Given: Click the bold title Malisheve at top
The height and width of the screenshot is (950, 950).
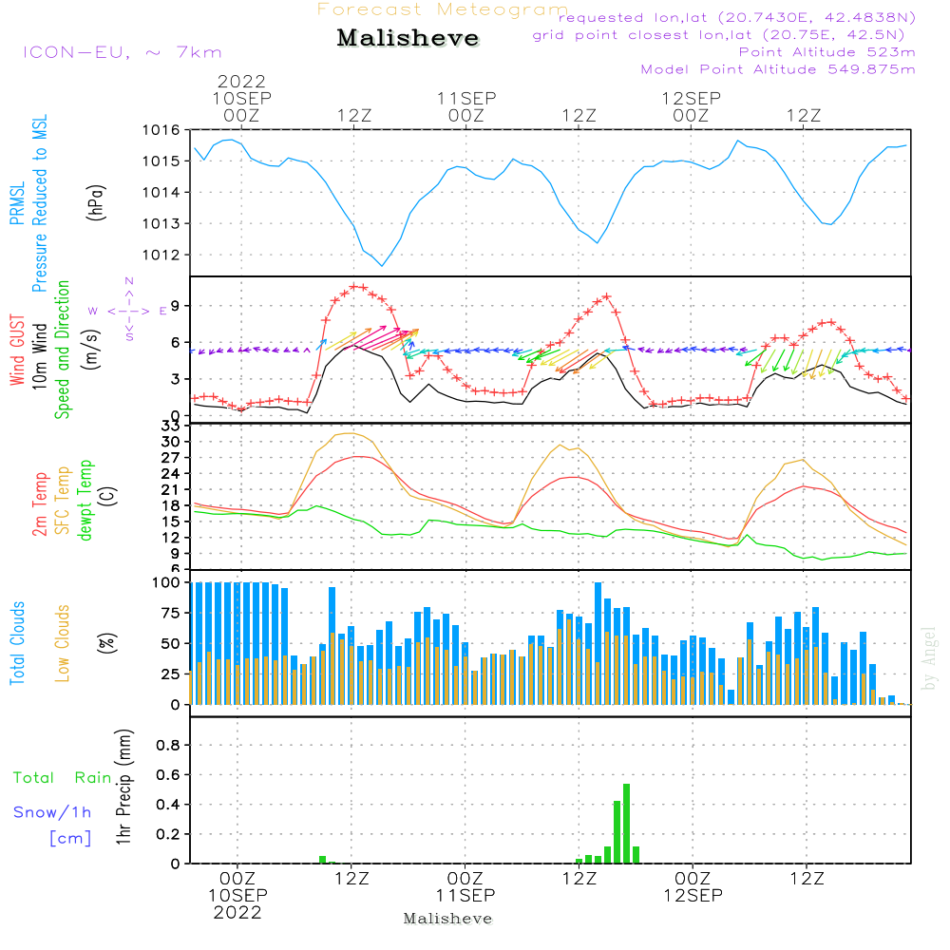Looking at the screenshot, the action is point(408,38).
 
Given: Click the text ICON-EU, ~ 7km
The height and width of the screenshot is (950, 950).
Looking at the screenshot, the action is point(123,52).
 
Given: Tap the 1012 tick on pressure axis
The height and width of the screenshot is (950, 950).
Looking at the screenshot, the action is point(161,255).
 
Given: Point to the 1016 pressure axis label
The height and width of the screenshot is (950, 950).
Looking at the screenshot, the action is point(161,129).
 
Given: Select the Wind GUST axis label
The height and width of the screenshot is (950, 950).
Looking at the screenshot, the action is point(17,350).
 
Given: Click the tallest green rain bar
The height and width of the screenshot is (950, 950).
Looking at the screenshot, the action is point(626,824).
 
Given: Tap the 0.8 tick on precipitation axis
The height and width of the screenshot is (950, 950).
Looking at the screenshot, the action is point(168,745).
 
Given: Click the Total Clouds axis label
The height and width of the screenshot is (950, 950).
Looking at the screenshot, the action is point(17,643).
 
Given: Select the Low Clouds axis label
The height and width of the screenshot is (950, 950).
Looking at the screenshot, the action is point(63,643).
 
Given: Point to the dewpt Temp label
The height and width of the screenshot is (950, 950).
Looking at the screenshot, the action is point(85,500).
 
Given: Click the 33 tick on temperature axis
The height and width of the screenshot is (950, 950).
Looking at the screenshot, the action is point(170,426).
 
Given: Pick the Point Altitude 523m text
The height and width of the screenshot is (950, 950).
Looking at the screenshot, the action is point(826,52).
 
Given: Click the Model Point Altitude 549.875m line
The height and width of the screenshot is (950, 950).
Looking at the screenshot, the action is point(778,69).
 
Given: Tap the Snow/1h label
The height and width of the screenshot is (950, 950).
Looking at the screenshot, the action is point(52,812).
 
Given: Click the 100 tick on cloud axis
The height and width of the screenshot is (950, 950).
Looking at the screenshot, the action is point(166,582).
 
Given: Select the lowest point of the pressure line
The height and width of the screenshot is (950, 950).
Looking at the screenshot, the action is point(382,265).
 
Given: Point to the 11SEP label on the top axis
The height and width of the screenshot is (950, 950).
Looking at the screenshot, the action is point(466,98).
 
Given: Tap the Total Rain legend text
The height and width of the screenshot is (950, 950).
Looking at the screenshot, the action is point(63,778).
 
